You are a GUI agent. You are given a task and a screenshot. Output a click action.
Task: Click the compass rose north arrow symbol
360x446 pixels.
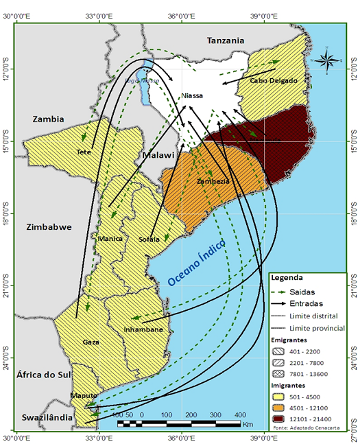(328, 60)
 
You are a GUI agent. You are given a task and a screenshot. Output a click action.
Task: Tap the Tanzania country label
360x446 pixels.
(225, 41)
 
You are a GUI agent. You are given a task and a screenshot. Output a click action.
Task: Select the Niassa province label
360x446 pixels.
(192, 96)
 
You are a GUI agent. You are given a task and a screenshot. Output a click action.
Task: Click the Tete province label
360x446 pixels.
(84, 152)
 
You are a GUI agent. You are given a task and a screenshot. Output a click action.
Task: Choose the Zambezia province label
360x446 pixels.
(212, 182)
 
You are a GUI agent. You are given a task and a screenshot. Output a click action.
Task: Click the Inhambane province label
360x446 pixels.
(144, 329)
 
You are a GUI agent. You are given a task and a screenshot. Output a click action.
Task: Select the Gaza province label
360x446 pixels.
(91, 342)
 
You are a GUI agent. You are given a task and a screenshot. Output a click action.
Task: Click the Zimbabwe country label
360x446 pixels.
(49, 227)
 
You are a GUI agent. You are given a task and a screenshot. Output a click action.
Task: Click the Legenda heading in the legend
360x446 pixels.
(287, 279)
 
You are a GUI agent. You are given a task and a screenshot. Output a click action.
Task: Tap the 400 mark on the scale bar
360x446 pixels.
(241, 415)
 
